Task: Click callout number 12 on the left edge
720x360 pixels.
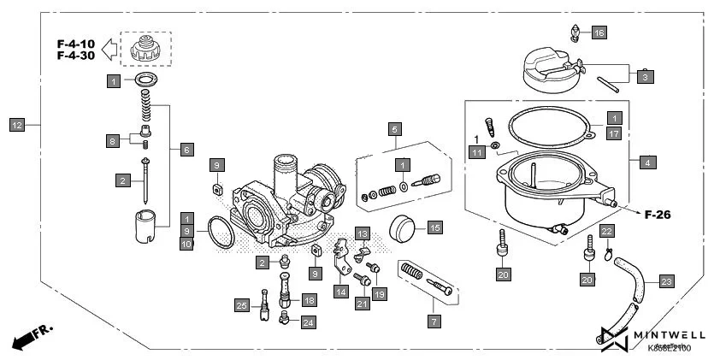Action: click(x=17, y=125)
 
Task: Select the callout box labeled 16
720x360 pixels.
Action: click(x=599, y=32)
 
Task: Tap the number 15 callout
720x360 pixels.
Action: click(x=434, y=227)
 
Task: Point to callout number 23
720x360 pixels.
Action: click(x=666, y=280)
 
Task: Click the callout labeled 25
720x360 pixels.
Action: click(x=241, y=305)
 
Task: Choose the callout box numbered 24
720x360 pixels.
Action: click(x=308, y=322)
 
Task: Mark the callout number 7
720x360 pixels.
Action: click(x=434, y=322)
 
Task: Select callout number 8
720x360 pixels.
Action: click(x=112, y=140)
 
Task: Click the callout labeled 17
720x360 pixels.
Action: click(x=614, y=133)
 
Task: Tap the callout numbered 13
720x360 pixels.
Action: click(x=362, y=234)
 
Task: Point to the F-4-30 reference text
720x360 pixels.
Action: click(x=75, y=56)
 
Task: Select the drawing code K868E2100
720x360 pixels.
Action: click(x=669, y=347)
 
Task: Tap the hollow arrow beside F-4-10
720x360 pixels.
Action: click(x=109, y=50)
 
